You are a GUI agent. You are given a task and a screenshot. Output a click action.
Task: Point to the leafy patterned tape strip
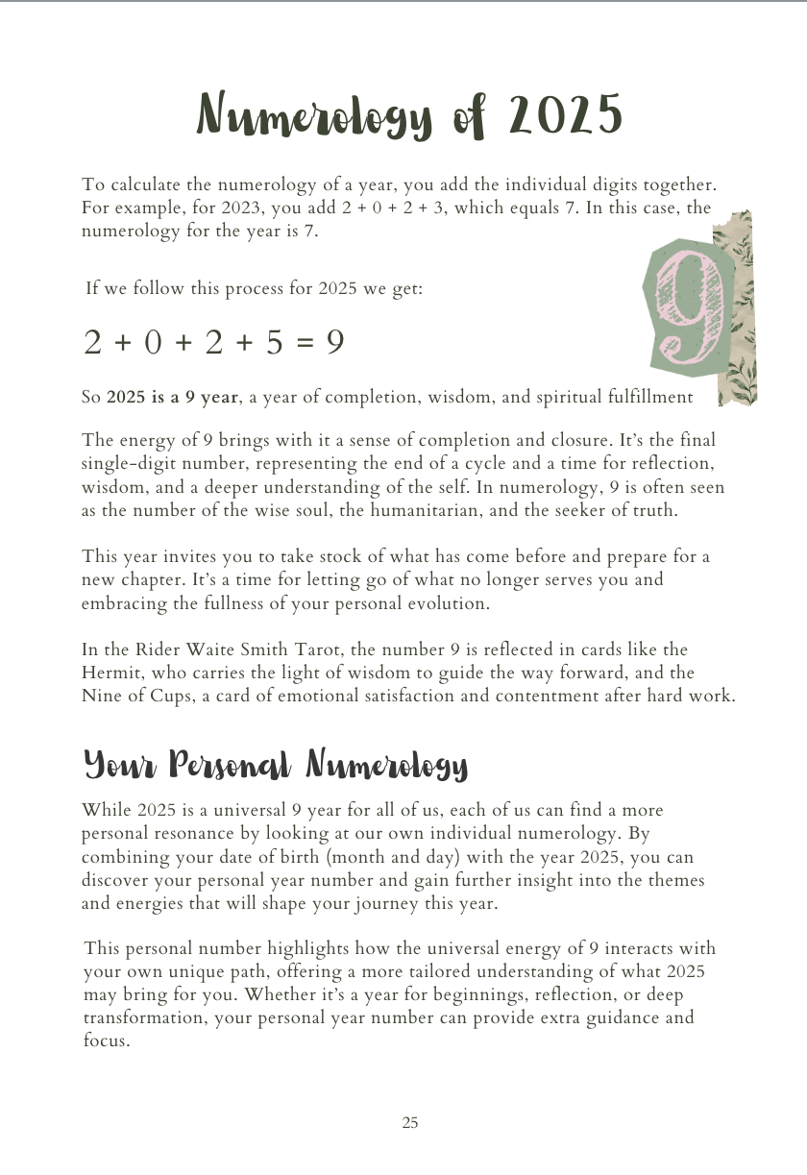(741, 307)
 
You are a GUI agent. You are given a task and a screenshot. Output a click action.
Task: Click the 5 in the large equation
(274, 342)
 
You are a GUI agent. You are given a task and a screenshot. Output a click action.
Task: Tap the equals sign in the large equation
(305, 343)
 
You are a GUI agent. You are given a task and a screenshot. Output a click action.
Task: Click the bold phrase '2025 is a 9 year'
(172, 397)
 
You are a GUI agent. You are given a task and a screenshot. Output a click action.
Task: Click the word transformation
(144, 1017)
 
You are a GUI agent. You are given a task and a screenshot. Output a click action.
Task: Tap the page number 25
(410, 1122)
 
